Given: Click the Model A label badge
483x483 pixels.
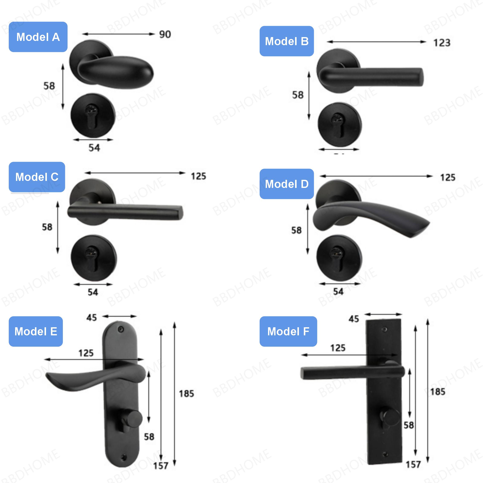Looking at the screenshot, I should (x=38, y=37).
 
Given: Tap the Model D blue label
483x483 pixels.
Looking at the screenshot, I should (x=287, y=184).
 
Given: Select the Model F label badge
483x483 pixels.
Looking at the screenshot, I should (x=288, y=332).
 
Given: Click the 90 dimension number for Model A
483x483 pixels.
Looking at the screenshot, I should (x=165, y=35).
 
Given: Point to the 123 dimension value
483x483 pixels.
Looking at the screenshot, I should (x=442, y=43).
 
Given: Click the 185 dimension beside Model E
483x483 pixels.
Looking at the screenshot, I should (x=186, y=394).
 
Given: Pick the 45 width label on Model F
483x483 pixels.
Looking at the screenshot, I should (x=353, y=319).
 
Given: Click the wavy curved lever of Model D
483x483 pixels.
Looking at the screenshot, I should (x=370, y=216).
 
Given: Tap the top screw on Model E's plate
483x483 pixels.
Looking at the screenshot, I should (x=121, y=330).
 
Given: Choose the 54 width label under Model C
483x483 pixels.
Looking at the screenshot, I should (x=93, y=292).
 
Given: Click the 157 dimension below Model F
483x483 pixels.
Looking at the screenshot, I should (x=413, y=464).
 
